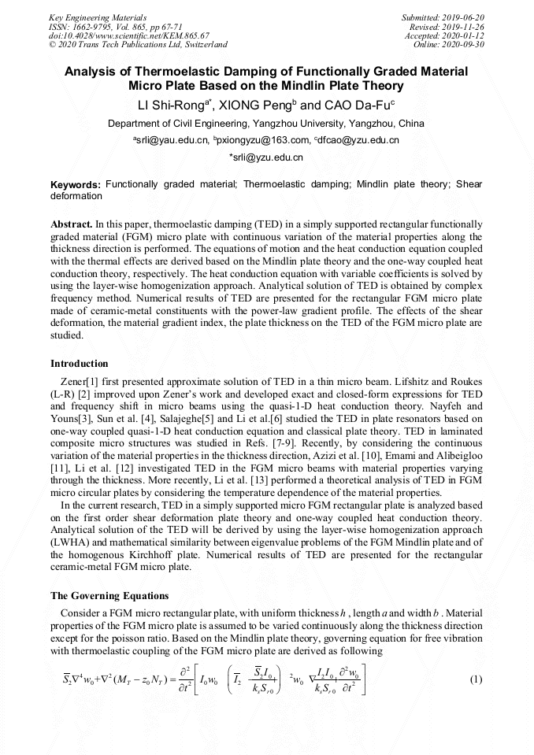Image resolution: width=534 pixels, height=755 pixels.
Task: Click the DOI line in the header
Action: click(128, 35)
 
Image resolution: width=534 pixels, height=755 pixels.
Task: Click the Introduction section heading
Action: click(80, 364)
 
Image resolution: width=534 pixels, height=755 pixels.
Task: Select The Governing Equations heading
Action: click(109, 595)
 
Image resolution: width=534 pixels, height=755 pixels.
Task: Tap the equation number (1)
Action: click(475, 679)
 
